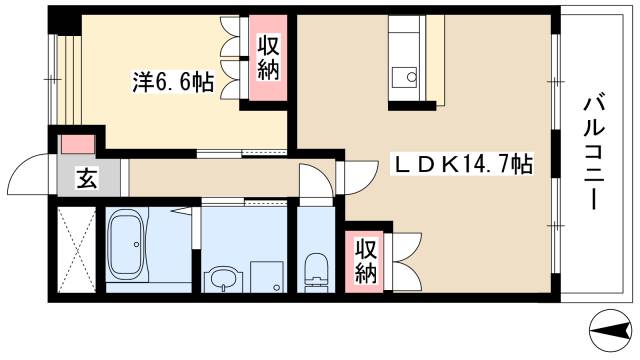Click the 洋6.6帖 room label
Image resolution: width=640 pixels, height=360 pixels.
(x=172, y=82)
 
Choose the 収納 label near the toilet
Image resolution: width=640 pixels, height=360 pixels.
(x=365, y=259)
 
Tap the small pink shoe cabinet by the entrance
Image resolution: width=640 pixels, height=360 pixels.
(x=75, y=143)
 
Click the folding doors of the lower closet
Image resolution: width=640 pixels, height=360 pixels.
(x=405, y=259)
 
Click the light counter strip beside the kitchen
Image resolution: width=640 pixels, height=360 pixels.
(x=434, y=60)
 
